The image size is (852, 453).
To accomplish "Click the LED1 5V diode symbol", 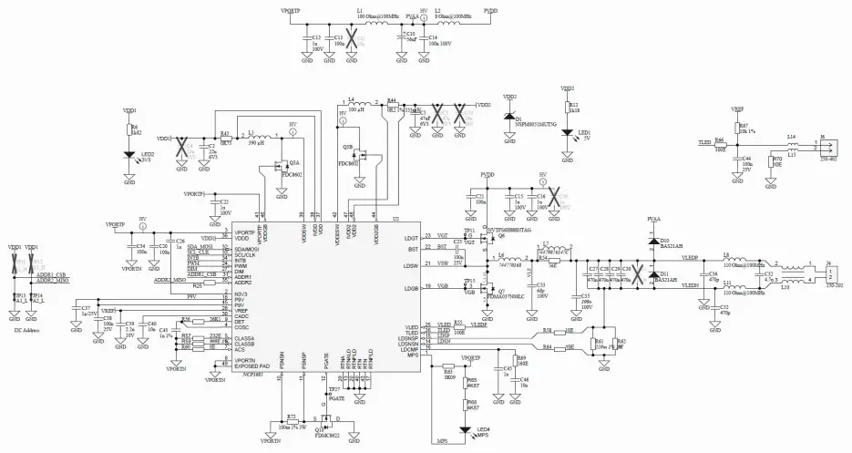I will click(568, 132).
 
